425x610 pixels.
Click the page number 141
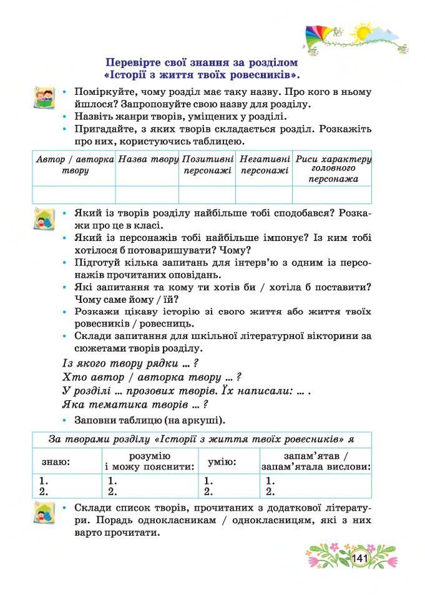[361, 557]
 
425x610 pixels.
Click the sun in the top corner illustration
[361, 32]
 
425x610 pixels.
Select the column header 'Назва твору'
[148, 159]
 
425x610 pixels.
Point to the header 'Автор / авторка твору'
[74, 165]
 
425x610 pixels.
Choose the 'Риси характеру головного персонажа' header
[333, 169]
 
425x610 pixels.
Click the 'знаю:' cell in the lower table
[56, 463]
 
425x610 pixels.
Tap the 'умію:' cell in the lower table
[222, 463]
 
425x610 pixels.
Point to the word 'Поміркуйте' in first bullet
[103, 92]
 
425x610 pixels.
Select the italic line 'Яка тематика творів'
[135, 405]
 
